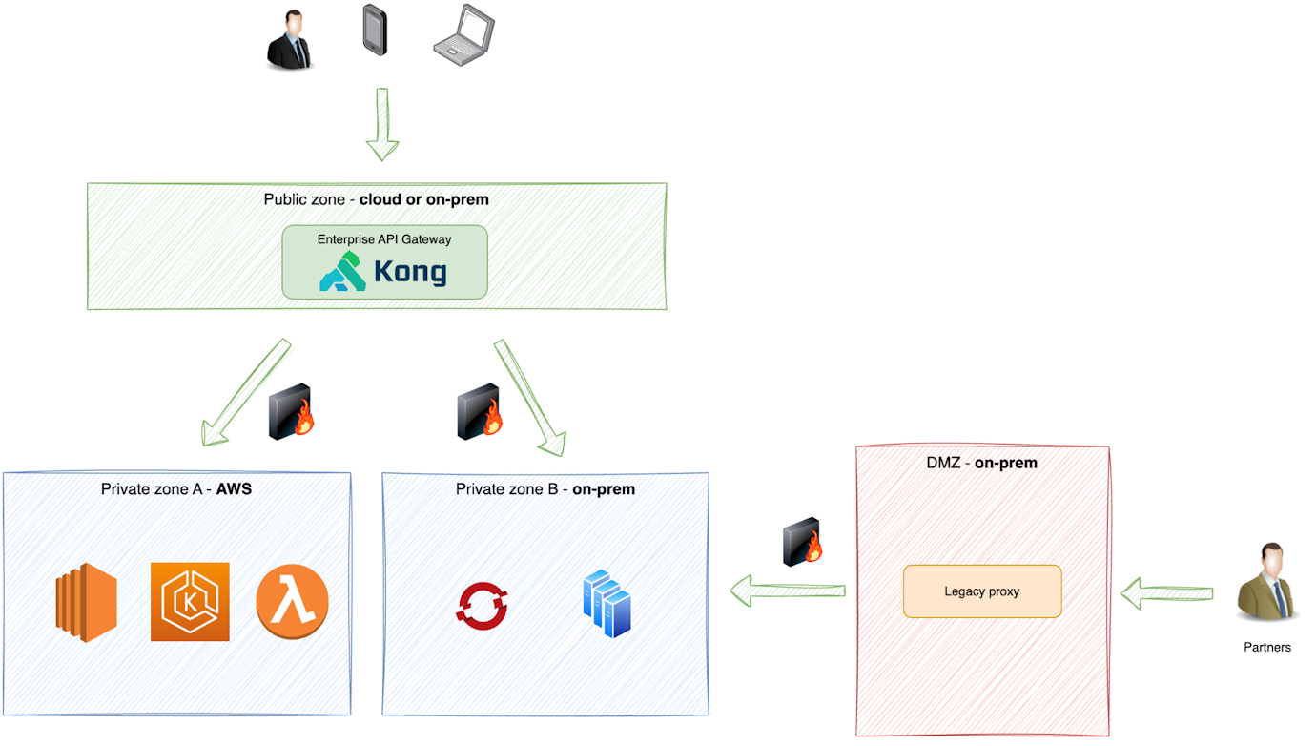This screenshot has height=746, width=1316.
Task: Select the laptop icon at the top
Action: (463, 36)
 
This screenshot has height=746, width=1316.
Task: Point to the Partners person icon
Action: (1265, 583)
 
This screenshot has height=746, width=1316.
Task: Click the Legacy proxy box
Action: (981, 591)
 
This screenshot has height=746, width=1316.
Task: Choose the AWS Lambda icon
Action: (292, 603)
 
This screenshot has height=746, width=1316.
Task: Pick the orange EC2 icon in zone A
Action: (86, 602)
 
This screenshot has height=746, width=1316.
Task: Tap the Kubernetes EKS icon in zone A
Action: (190, 602)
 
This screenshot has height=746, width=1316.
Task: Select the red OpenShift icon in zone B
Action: (482, 607)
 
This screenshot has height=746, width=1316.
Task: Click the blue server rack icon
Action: (607, 604)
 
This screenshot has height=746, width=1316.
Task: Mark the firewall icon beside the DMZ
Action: (802, 542)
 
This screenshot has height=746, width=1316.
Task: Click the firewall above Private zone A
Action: (291, 412)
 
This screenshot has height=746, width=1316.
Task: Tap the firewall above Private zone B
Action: (480, 412)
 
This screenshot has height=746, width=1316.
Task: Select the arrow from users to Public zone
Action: (382, 124)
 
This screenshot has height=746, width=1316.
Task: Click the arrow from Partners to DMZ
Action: (1165, 592)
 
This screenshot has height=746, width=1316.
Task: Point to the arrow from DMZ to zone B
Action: (788, 591)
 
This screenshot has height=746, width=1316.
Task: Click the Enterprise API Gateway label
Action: (384, 239)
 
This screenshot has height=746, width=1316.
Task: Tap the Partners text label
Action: (1266, 647)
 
